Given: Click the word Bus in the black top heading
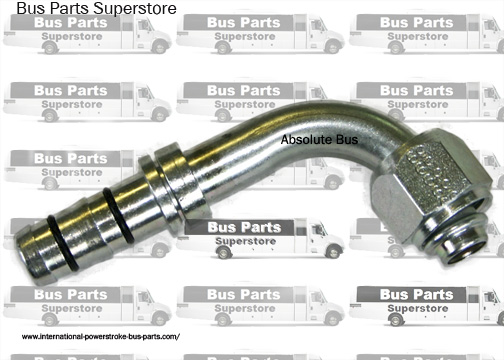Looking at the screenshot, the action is coord(30,9).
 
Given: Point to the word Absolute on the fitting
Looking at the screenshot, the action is coord(306,141).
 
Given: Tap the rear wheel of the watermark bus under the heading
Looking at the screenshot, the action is coord(50,48).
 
